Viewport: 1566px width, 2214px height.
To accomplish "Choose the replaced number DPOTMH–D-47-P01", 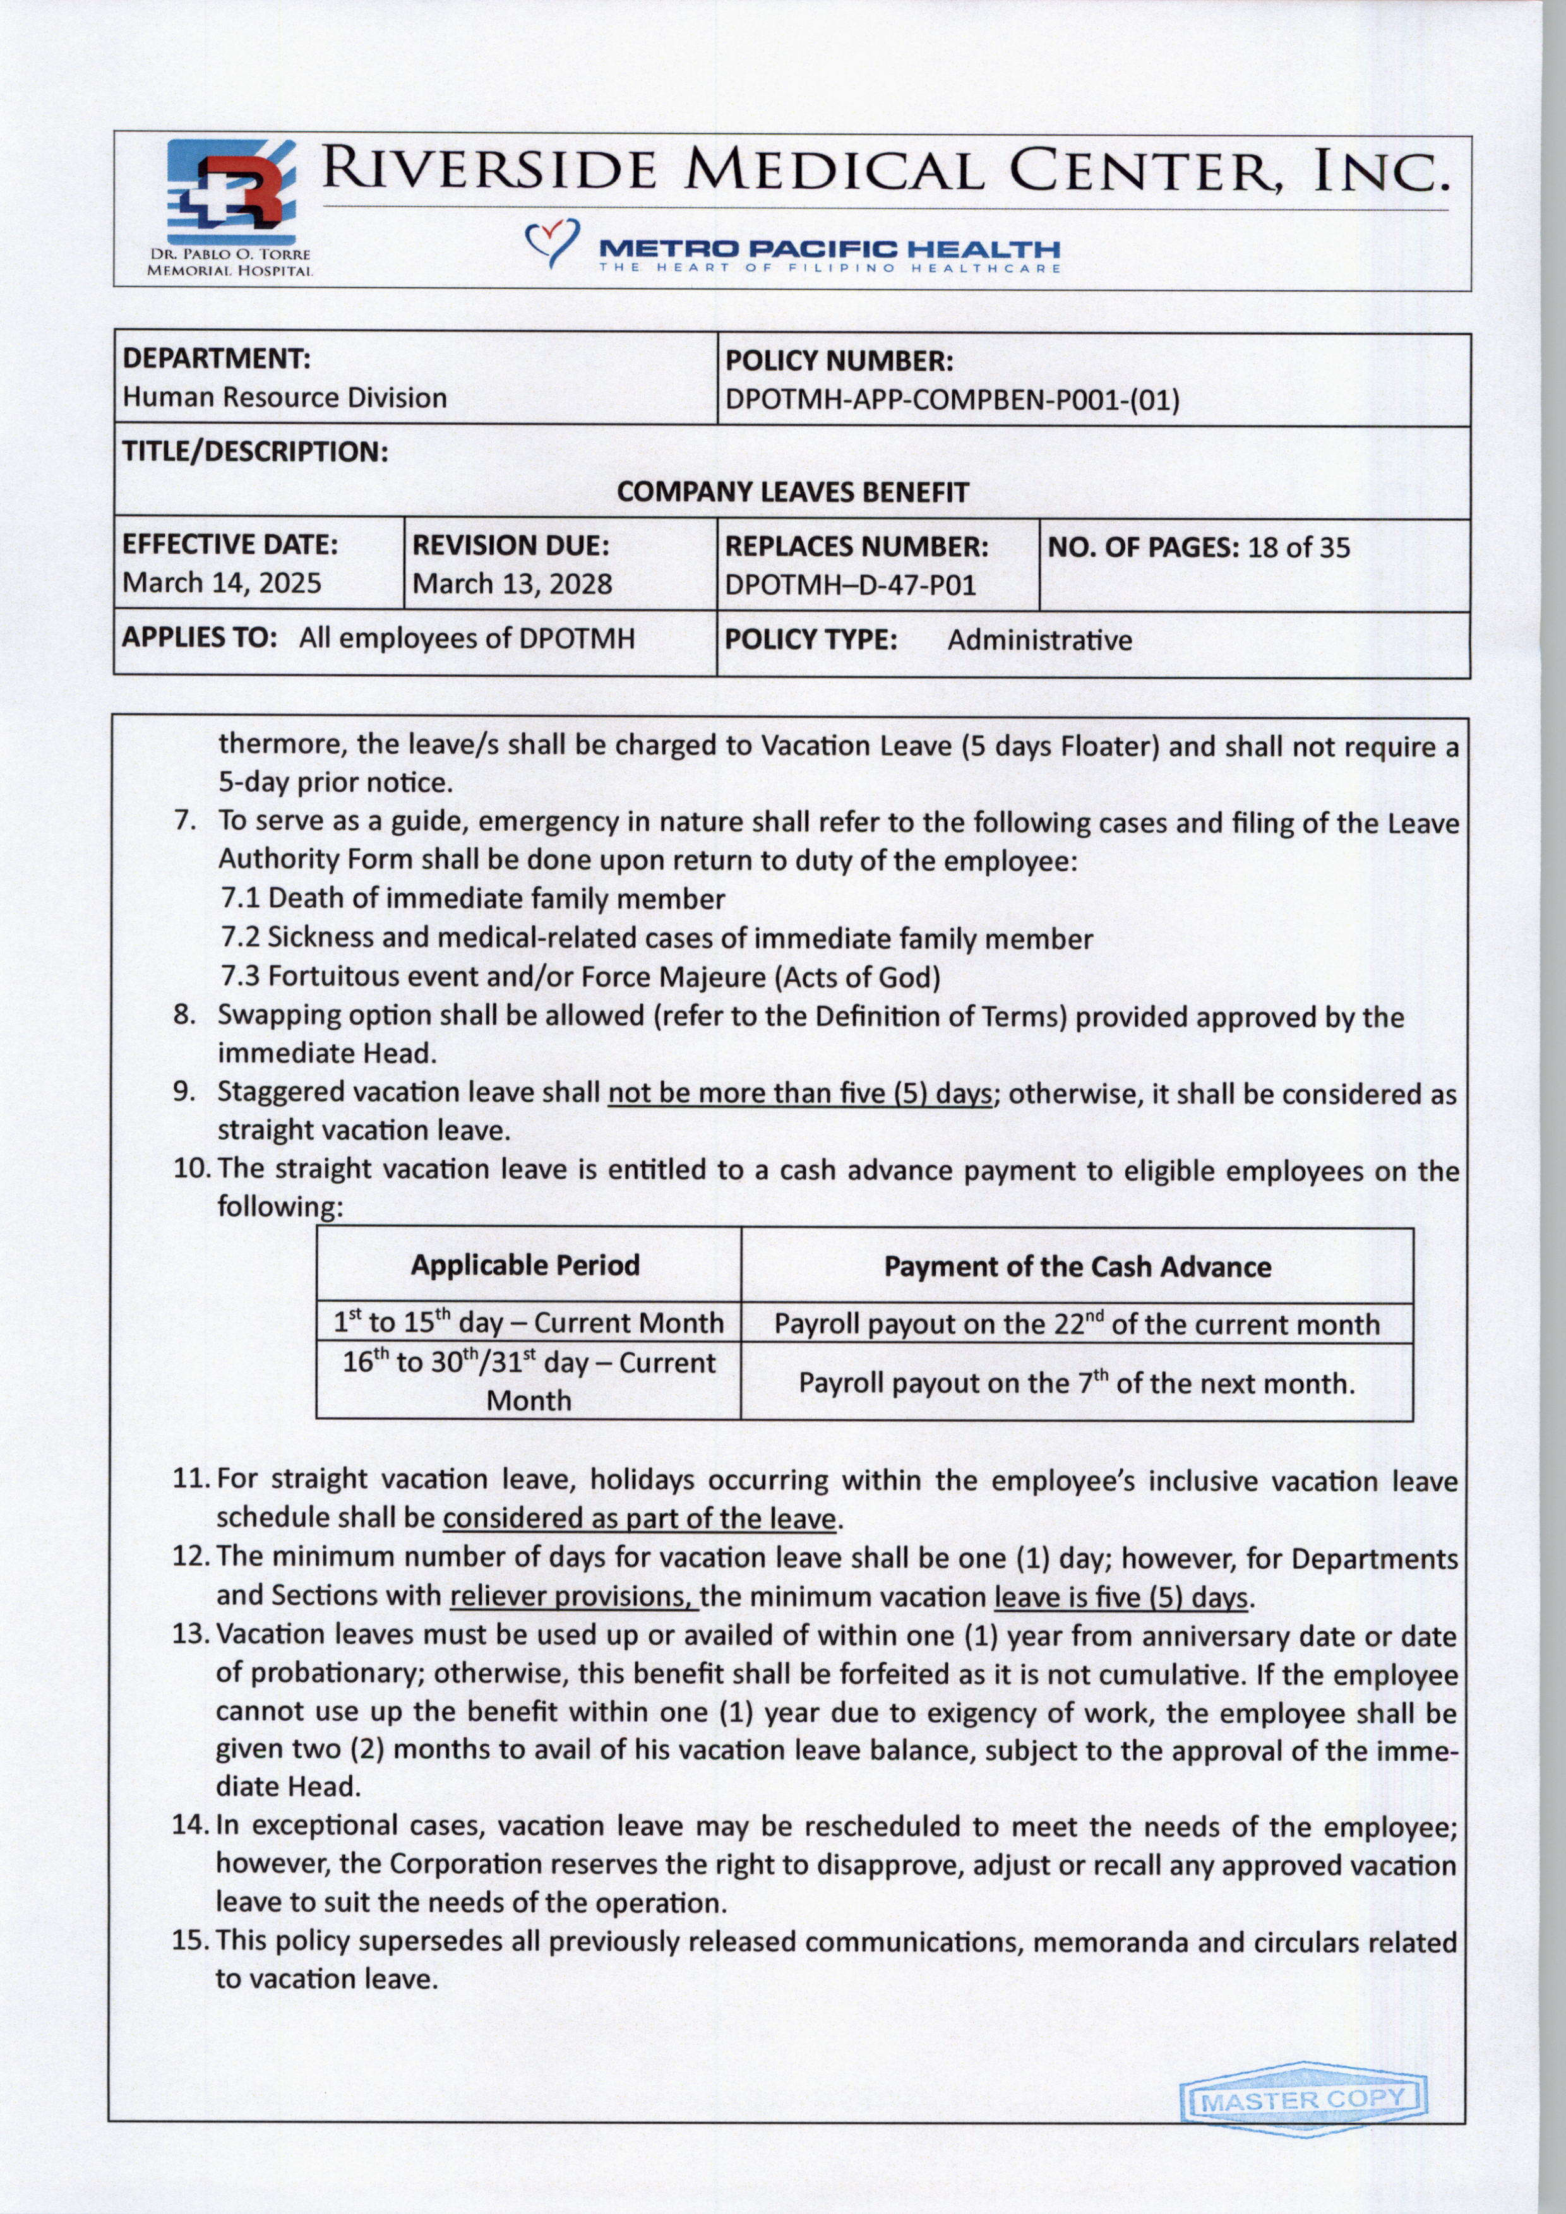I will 851,585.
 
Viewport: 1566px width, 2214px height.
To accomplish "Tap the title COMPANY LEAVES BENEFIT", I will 792,493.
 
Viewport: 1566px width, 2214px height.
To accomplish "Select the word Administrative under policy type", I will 1039,640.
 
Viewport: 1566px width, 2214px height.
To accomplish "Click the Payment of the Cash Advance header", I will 1077,1266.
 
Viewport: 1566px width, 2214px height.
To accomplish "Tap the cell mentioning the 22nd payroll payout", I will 1076,1324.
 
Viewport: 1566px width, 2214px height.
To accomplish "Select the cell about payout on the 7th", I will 1076,1384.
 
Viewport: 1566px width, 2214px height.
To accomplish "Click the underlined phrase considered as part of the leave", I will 638,1519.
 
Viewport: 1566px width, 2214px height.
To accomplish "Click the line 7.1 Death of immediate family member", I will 472,899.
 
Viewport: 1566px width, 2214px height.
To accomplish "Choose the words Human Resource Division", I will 284,398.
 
